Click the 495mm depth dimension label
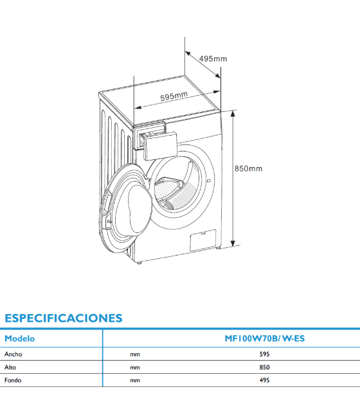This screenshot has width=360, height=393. tap(213, 58)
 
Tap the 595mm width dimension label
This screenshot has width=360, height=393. tap(174, 96)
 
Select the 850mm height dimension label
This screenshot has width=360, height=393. tap(248, 168)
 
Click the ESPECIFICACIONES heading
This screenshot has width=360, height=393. tap(64, 318)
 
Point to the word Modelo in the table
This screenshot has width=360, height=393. tap(19, 338)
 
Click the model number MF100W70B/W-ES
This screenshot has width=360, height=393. tap(265, 338)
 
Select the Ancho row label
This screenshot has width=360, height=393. tap(13, 354)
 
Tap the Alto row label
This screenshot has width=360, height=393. tap(10, 367)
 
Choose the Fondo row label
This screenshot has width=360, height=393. tap(13, 380)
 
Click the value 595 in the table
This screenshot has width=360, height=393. tap(264, 354)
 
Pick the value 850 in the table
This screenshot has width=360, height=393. tap(264, 367)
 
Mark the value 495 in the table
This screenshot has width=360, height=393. tap(264, 380)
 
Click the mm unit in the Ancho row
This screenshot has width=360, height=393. tap(135, 354)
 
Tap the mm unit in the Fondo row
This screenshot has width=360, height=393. tap(135, 381)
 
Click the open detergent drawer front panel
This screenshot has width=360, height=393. tap(160, 146)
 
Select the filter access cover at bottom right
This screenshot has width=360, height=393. tap(203, 240)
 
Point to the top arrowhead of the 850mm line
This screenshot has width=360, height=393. tap(233, 114)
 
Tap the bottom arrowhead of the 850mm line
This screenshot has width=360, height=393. tap(233, 243)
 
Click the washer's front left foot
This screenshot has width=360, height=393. tap(139, 263)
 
